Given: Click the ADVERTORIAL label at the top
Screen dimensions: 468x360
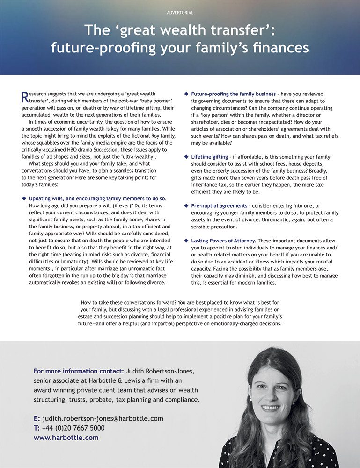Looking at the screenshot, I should click(180, 13).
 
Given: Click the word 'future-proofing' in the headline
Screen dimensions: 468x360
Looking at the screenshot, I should click(102, 48).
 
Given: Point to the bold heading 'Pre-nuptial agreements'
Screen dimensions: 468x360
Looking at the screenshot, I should click(219, 205).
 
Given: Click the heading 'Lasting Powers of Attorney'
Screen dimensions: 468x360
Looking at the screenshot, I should click(223, 241).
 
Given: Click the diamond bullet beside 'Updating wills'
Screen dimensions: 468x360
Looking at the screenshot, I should click(24, 199).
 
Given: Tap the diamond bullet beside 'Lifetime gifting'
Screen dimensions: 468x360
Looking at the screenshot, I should click(187, 157).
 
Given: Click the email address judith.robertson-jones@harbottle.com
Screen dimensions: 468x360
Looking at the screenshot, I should click(103, 418).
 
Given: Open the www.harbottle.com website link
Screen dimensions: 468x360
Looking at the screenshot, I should click(66, 438).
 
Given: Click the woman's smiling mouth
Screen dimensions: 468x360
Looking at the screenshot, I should click(271, 408).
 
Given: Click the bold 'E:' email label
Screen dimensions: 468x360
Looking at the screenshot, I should click(37, 418).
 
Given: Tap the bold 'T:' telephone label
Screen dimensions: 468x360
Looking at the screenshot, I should click(37, 428).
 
